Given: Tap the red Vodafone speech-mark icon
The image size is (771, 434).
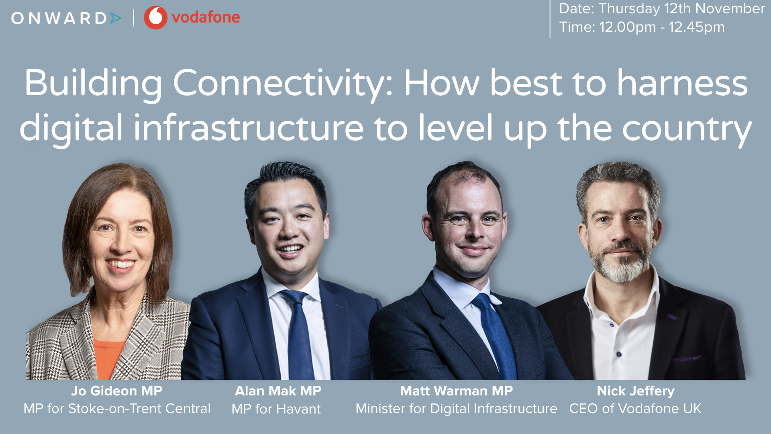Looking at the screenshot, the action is pos(155,17).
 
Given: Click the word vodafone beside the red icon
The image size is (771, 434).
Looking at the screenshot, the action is pos(206,17).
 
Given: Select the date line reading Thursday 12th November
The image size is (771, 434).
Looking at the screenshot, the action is pos(662,9).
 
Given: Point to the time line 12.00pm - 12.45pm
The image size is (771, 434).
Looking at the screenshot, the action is pos(642,27).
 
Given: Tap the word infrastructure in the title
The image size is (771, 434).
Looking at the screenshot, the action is pos(249,128).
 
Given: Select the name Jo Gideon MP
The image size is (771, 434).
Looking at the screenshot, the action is pos(117,391).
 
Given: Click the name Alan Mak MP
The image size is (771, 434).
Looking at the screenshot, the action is pos(278,391).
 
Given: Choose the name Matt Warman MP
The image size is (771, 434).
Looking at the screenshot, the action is pos(457,391).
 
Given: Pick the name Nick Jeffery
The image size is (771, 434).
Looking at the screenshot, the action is pos(636,391).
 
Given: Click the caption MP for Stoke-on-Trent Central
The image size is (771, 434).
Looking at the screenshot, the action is pos(117,409).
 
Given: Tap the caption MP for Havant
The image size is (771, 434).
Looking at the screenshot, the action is pos(276,409).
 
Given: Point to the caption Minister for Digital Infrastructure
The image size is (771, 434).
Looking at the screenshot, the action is pos(457,409).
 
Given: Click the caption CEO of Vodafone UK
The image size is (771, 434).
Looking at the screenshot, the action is pos(635,409).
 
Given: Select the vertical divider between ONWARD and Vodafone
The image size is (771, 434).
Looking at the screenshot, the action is pos(134,18).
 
